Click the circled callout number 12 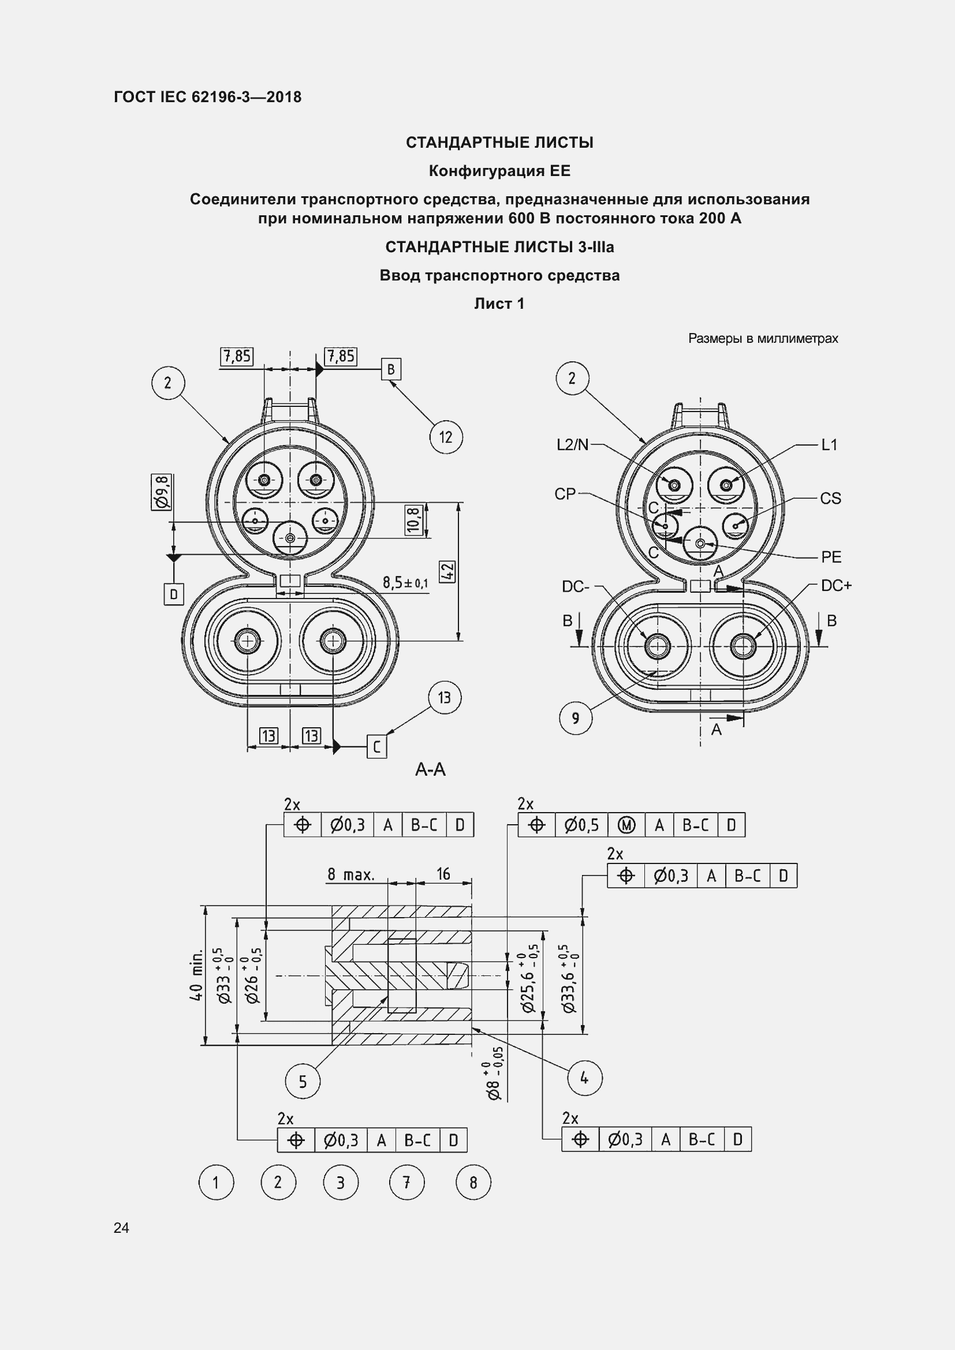point(446,437)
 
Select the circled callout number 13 point(444,697)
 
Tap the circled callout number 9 point(575,718)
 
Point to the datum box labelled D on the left point(173,594)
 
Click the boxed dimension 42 point(447,570)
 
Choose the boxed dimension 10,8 point(414,520)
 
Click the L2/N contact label point(572,444)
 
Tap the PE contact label point(831,556)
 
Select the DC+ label point(836,586)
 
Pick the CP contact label point(565,494)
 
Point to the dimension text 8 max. point(350,874)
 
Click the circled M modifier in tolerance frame point(626,825)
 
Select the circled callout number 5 point(303,1081)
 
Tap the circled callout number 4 point(584,1078)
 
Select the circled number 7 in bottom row point(406,1183)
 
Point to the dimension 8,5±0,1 point(405,583)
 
